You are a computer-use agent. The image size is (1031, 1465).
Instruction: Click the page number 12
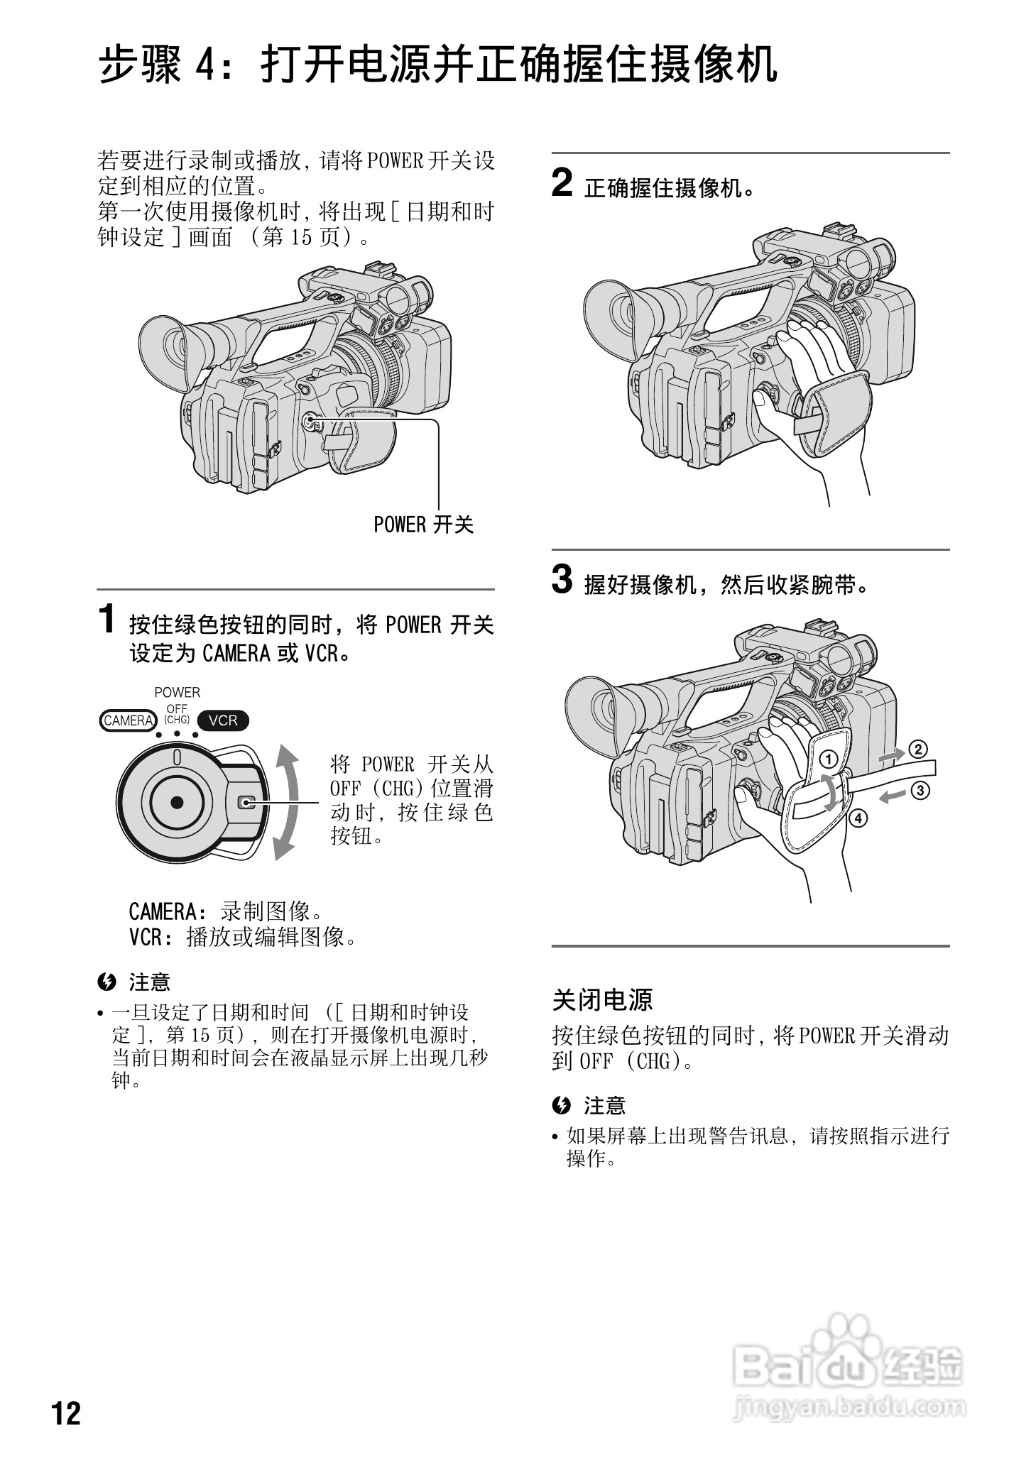coord(67,1413)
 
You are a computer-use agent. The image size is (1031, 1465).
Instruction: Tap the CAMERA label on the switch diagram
coord(129,720)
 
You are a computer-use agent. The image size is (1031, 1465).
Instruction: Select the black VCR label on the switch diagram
coord(223,720)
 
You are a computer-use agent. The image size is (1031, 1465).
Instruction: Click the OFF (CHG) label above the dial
coord(177,714)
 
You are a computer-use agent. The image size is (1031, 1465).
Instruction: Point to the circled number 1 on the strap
coord(828,759)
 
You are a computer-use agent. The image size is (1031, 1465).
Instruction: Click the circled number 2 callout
coord(918,749)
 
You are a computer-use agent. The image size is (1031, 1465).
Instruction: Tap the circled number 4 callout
coord(858,818)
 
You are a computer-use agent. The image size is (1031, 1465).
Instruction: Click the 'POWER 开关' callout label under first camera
coord(423,525)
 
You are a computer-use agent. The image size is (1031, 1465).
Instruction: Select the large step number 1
coord(107,618)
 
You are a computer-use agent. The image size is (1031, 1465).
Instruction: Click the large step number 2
coord(562,183)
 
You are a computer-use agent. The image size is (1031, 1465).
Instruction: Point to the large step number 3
coord(562,580)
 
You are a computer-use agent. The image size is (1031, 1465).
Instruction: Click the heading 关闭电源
coord(602,999)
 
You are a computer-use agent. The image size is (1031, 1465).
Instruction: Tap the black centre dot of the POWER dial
coord(177,802)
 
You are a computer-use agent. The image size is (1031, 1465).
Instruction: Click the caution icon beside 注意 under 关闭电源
coord(561,1105)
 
